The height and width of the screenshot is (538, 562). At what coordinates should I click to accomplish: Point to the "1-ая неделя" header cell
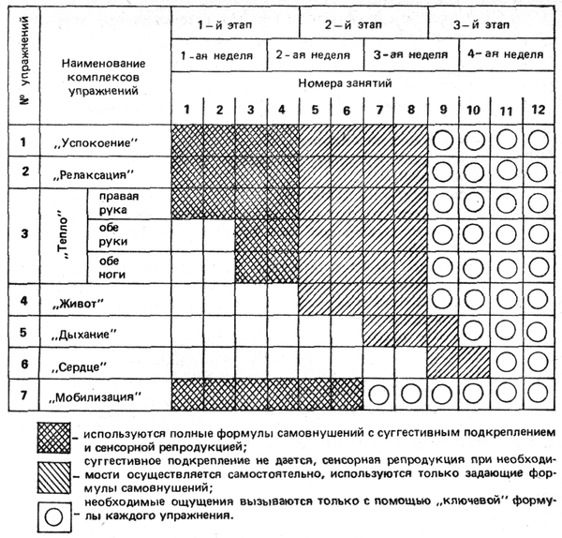[218, 55]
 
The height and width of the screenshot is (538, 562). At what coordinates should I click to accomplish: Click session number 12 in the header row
[537, 109]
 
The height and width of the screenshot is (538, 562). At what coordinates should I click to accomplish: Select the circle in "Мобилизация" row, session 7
[377, 395]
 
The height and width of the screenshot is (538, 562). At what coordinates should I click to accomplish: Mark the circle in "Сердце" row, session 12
[537, 363]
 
